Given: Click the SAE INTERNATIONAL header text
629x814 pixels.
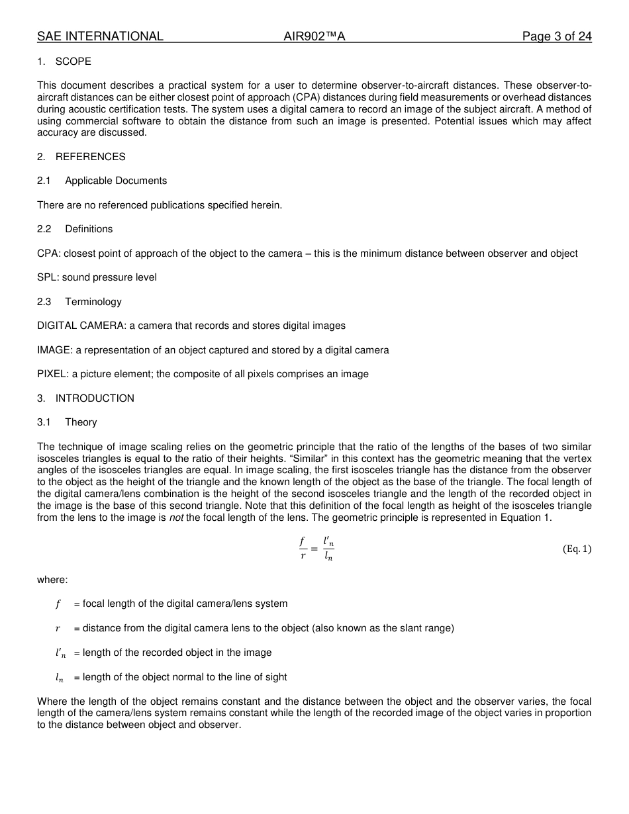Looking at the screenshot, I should click(100, 36).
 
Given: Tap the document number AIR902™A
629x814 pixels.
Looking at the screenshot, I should click(314, 36).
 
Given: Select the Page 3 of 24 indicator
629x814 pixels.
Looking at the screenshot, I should click(556, 36).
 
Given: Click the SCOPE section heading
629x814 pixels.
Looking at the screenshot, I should click(73, 62).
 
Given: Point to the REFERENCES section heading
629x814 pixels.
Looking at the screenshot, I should click(90, 157).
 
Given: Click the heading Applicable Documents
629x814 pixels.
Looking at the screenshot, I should click(116, 181).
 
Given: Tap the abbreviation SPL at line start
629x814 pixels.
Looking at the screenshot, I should click(46, 277).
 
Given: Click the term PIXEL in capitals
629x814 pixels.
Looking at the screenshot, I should click(52, 374).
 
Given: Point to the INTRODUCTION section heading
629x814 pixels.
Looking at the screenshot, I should click(95, 398).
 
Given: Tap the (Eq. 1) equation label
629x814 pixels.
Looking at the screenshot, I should click(577, 549).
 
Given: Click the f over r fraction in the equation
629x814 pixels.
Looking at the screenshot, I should click(303, 549).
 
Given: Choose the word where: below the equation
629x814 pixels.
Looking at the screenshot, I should click(52, 580).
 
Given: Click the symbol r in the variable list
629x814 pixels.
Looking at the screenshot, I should click(58, 629).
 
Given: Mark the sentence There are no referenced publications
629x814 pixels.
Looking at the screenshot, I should click(160, 205).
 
